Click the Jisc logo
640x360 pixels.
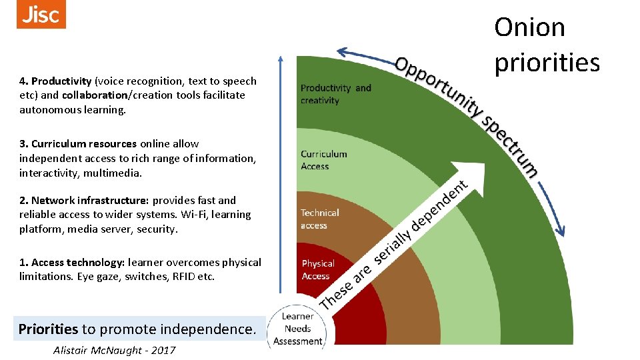(x=41, y=14)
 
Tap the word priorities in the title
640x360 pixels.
(x=547, y=62)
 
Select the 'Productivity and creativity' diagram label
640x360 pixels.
(x=335, y=94)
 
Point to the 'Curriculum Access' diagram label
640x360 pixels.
(x=323, y=160)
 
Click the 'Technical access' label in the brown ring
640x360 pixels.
(x=319, y=219)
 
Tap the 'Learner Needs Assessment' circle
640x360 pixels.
(x=297, y=329)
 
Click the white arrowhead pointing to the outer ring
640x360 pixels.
(x=462, y=169)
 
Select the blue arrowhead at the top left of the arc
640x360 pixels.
(x=343, y=51)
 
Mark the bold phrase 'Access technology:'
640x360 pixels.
(x=77, y=262)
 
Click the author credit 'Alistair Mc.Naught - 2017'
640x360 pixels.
(x=114, y=350)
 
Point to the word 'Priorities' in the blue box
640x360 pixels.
(x=48, y=329)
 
